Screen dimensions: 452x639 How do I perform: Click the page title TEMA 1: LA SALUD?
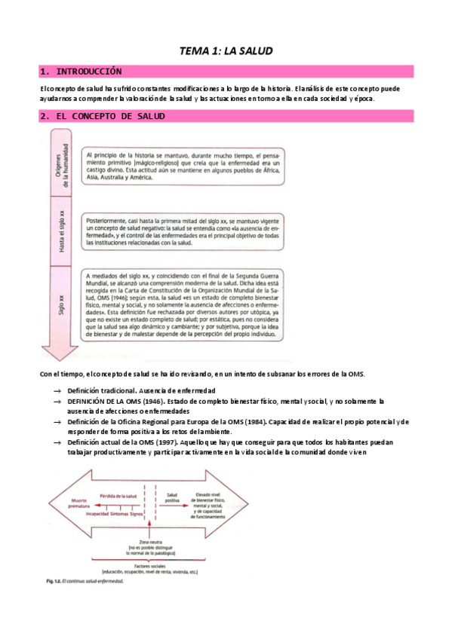(226, 50)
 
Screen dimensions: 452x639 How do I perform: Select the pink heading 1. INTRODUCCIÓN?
(82, 72)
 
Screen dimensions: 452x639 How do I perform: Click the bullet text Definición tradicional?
(102, 390)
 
